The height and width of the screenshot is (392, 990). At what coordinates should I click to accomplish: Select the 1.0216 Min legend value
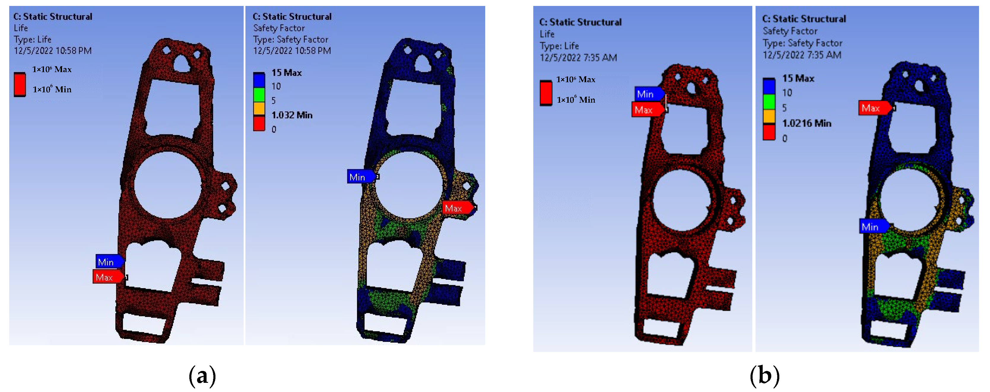coord(807,123)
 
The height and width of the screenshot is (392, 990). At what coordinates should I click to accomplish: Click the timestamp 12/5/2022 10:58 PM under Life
coord(53,51)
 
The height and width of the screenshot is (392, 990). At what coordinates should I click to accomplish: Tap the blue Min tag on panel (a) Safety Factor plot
coord(361,177)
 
